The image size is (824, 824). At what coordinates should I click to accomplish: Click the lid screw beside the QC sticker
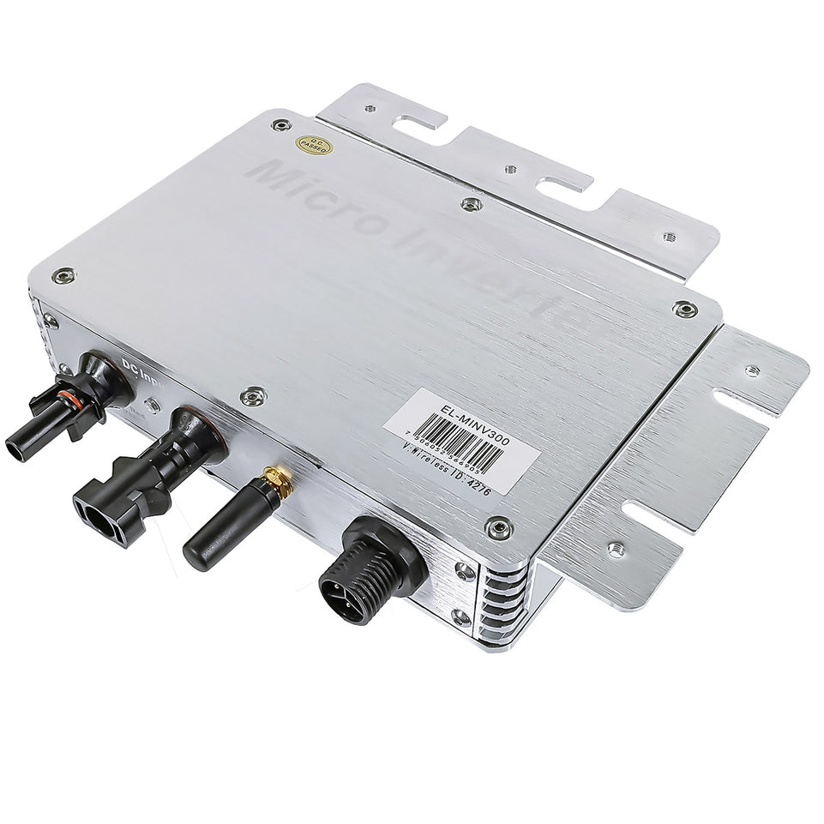click(281, 125)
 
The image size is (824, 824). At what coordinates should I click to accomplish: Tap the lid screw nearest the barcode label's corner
click(499, 527)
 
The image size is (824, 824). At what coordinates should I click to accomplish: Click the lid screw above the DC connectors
click(63, 276)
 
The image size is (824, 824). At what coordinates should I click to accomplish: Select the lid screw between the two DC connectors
click(253, 395)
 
